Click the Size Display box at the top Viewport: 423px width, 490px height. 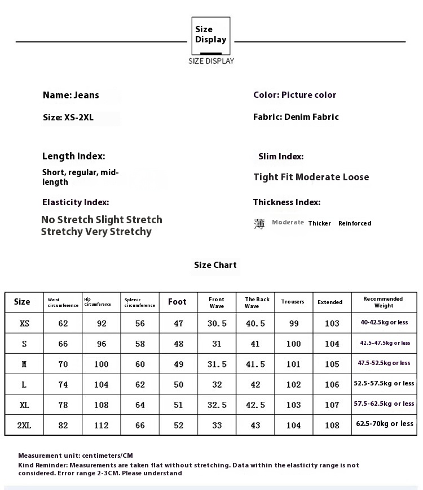pos(211,35)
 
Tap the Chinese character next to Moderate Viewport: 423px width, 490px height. pos(259,224)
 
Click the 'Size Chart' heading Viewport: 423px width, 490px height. pos(215,265)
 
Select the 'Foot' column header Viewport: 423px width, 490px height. pos(177,302)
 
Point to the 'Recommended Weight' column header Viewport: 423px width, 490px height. pos(383,302)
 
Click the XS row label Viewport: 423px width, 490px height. pos(24,323)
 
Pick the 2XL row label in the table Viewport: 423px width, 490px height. pos(24,425)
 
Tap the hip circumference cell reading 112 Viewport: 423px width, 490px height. pos(101,425)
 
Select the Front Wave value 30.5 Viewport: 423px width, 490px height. pos(217,323)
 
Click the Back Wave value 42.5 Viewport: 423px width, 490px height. pos(255,405)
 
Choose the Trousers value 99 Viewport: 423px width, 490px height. pos(293,323)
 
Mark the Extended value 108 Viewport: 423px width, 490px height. pos(332,425)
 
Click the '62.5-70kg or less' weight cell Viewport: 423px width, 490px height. pos(384,423)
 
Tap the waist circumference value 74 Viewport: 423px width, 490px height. pos(63,384)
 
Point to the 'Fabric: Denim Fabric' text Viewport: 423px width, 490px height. pos(296,117)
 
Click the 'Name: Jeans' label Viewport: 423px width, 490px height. pos(71,95)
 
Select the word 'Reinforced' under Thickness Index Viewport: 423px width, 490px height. pos(355,223)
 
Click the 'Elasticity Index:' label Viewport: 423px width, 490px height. pos(76,202)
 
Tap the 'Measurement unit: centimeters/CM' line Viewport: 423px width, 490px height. pos(76,456)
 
